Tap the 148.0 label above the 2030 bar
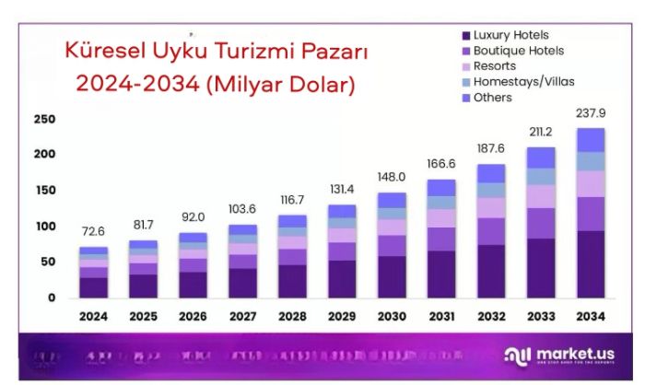tap(393, 177)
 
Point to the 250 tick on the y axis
tap(44, 120)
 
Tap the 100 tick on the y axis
tap(44, 227)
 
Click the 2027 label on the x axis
tap(242, 317)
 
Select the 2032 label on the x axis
tap(491, 317)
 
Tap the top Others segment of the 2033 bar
tap(541, 157)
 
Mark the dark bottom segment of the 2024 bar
tap(93, 287)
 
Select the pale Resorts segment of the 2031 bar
tap(441, 217)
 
